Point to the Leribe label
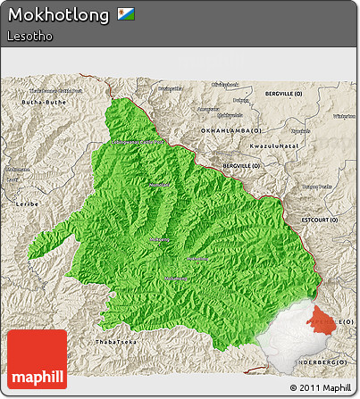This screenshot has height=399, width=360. click(26, 204)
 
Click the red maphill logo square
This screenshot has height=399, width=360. click(36, 359)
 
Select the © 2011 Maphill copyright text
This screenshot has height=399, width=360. click(320, 388)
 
